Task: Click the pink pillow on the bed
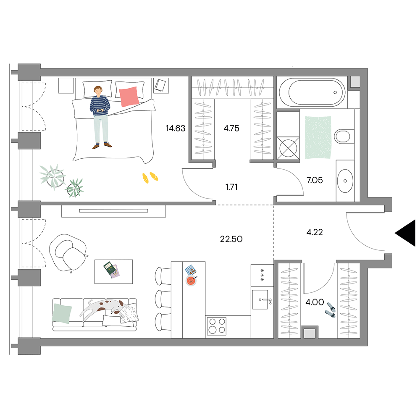point(129,96)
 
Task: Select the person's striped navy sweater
point(100,105)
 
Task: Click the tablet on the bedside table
point(160,85)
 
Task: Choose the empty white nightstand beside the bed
point(66,86)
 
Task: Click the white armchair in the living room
point(68,254)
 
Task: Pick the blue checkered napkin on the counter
point(191,270)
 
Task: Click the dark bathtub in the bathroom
point(312,92)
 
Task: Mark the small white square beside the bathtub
point(355,82)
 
